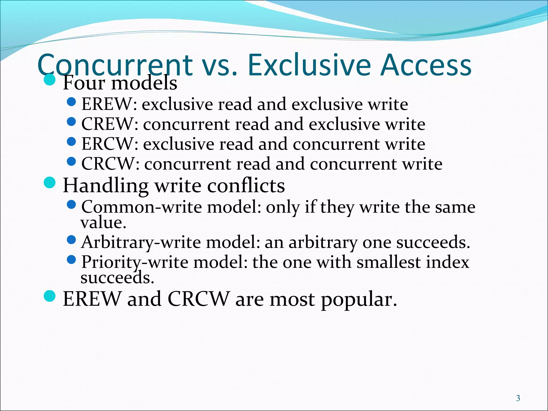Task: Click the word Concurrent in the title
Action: pyautogui.click(x=115, y=65)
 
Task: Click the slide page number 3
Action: pyautogui.click(x=518, y=398)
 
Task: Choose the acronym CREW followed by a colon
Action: pyautogui.click(x=110, y=124)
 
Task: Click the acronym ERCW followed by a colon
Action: pyautogui.click(x=110, y=144)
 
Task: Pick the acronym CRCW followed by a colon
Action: pyautogui.click(x=110, y=164)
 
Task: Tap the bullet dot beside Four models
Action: pyautogui.click(x=50, y=80)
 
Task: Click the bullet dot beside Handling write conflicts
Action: pyautogui.click(x=50, y=183)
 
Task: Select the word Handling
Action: pyautogui.click(x=106, y=186)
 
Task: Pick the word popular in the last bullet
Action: pyautogui.click(x=359, y=299)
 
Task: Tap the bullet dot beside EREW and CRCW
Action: pyautogui.click(x=50, y=296)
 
